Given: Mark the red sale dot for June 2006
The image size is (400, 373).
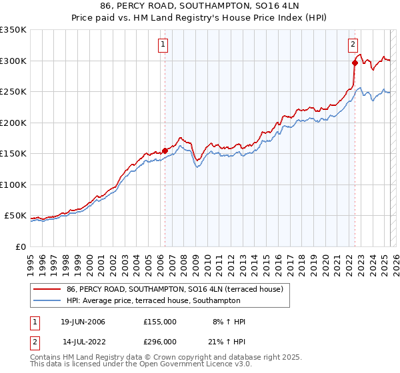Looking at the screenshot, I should [165, 151].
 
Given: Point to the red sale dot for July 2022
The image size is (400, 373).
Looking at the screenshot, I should [355, 63].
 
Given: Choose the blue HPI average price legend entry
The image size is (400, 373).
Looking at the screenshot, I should [153, 300].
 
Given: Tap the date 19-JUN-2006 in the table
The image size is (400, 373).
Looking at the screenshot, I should [83, 322].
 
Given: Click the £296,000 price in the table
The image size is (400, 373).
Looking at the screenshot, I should [159, 341].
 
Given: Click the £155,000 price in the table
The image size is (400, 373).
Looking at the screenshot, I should [159, 322].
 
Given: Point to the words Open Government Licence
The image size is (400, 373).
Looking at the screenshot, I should [187, 366].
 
